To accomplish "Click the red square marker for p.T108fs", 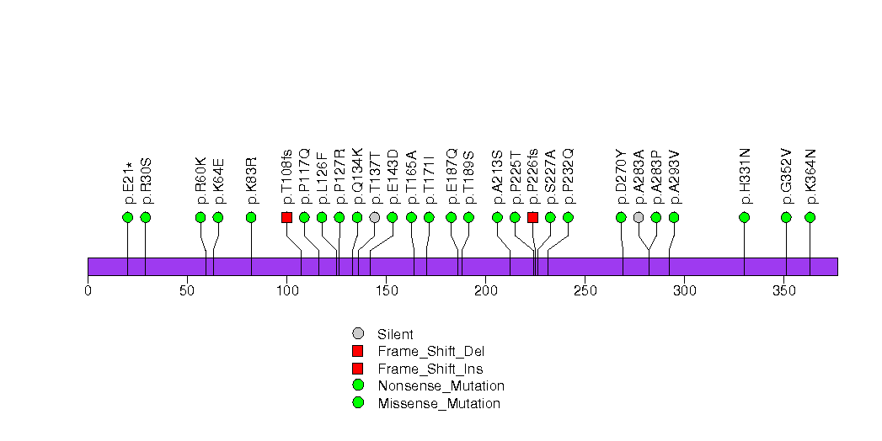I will pos(286,217).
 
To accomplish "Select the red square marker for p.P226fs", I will pos(532,217).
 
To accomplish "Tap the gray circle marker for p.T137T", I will pos(374,217).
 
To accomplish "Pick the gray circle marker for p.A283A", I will pos(639,217).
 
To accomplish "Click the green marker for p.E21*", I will pos(127,217).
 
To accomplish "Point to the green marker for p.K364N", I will pos(810,217).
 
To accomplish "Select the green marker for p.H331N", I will pos(744,217).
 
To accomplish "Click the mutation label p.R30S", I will pos(146,181).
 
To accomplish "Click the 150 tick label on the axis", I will pos(386,291).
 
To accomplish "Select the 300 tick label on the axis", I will pos(683,291).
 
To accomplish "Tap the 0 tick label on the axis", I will pos(88,291).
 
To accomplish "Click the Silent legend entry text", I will pos(395,334).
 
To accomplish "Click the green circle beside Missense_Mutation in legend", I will pos(358,402).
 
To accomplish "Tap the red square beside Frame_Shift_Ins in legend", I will pos(358,368).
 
